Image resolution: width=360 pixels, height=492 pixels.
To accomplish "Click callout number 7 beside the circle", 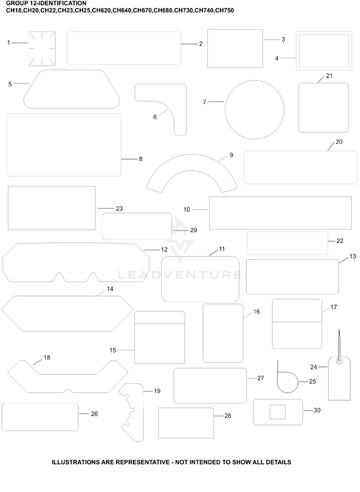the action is pos(204,102).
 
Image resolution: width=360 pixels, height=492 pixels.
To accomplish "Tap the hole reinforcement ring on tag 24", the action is pos(339,362).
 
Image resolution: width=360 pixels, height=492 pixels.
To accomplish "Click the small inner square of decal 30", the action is pos(278,411).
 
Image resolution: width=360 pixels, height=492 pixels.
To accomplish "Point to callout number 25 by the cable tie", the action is pos(312,382).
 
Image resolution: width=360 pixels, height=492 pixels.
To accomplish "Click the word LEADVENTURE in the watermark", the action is pos(180,275).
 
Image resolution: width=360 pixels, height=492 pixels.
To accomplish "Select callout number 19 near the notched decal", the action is pos(157,391).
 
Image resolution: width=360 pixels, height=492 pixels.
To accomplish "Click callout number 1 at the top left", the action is pos(9,43).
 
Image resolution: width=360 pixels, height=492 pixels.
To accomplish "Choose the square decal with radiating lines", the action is pos(42,48).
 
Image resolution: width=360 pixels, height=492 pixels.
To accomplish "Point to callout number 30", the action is pos(317,410).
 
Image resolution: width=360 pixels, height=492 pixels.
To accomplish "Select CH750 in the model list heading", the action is pos(225,11).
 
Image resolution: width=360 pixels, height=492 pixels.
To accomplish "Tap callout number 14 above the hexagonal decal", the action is pos(110,289).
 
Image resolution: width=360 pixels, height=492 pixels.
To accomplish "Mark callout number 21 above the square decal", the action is pos(329,76).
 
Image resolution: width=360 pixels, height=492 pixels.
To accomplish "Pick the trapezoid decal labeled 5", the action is pos(72,89).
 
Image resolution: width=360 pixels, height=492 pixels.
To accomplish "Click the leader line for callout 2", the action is pos(190,44).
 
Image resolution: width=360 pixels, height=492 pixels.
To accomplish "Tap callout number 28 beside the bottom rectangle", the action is pos(228,416).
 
